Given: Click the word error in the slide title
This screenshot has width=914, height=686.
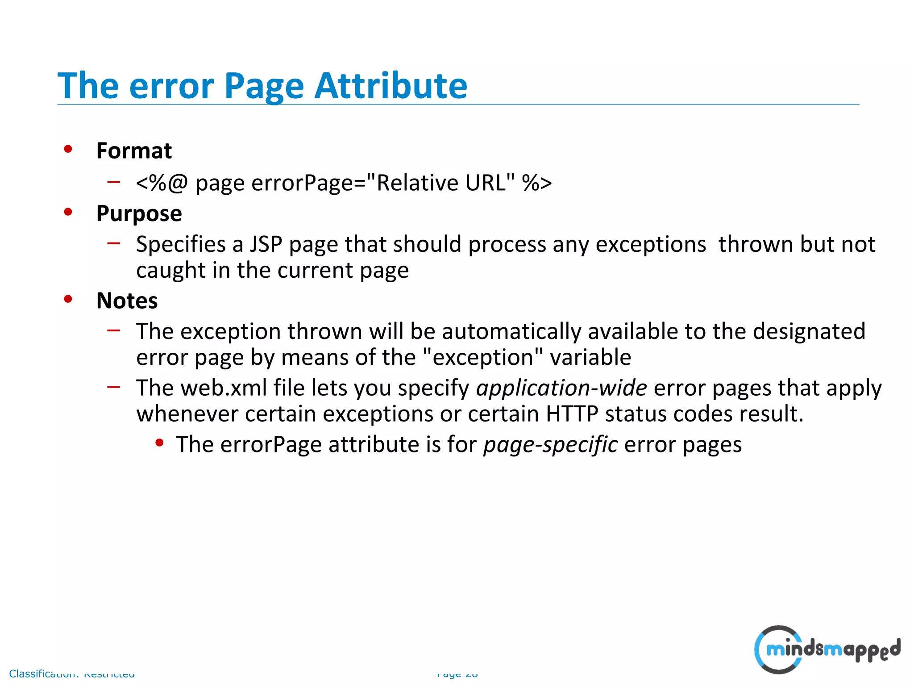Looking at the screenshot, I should click(171, 86).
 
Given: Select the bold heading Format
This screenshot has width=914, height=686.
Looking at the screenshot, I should click(134, 151).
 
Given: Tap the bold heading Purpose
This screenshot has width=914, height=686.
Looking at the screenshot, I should click(139, 214).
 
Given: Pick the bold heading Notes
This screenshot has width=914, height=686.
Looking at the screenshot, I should click(127, 301).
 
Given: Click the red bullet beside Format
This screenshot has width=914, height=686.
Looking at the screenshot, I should click(68, 149).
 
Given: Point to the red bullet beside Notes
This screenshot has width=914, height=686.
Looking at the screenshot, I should click(68, 299).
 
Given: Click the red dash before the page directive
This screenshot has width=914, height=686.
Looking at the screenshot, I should click(114, 181).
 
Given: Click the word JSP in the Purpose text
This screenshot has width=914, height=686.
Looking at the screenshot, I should click(266, 244).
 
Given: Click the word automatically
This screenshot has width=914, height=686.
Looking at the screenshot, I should click(511, 332).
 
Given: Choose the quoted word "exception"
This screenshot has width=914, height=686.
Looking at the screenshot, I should click(482, 357).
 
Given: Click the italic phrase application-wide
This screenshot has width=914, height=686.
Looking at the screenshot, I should click(561, 388).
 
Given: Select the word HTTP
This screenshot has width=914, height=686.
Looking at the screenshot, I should click(572, 414).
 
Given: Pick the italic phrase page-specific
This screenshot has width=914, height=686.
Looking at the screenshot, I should click(551, 445).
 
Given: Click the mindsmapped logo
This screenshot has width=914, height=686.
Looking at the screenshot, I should click(827, 649).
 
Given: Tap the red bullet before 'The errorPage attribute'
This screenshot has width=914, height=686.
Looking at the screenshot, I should click(159, 443).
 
